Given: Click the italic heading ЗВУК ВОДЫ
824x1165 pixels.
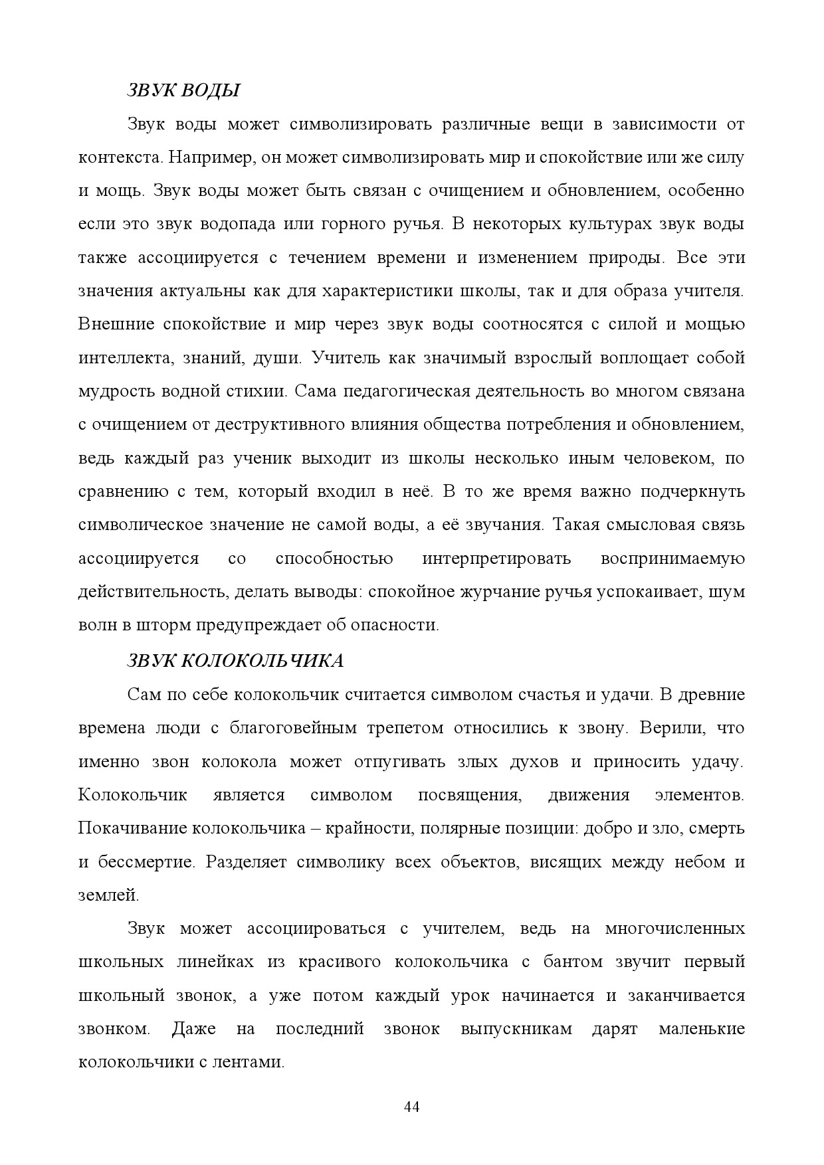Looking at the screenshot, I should click(183, 91).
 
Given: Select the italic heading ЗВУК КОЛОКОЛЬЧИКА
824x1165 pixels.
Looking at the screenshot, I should click(235, 661).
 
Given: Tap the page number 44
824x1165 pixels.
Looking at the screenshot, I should click(411, 1107).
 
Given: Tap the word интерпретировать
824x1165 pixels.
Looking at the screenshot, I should click(496, 559).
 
